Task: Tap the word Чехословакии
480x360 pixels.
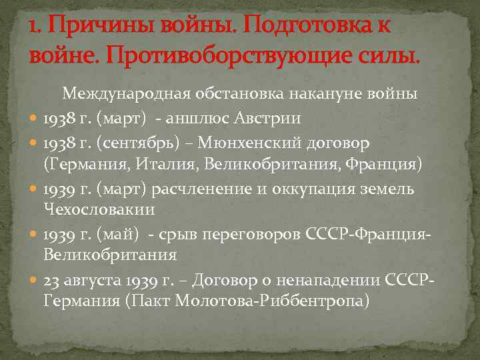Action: point(99,209)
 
